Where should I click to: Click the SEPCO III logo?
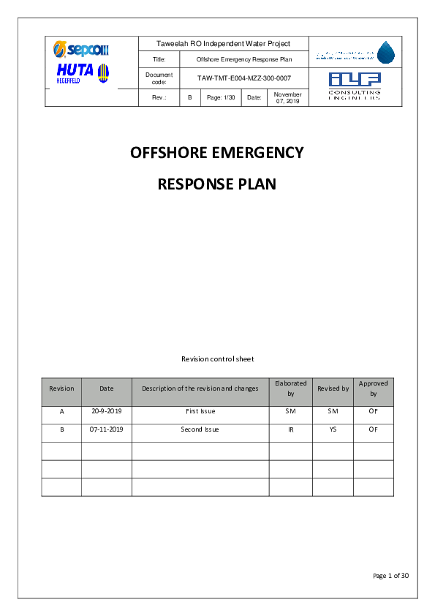coord(80,50)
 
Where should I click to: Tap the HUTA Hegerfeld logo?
coord(82,73)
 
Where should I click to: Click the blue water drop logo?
coord(385,52)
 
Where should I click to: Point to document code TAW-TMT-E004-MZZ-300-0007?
coord(243,78)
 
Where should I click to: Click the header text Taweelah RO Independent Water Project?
coord(224,44)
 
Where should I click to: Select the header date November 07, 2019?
coord(287,97)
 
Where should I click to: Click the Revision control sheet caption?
coord(217,358)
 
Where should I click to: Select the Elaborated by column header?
coord(290,388)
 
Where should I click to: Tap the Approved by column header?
coord(373,388)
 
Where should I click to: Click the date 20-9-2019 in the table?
coord(106,411)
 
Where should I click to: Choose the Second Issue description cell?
coord(200,429)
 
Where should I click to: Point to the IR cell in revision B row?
coord(290,429)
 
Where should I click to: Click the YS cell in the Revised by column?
coord(333,429)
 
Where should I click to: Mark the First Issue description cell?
coord(200,411)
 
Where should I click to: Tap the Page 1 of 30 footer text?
coord(390,576)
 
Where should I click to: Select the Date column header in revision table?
coord(106,388)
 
